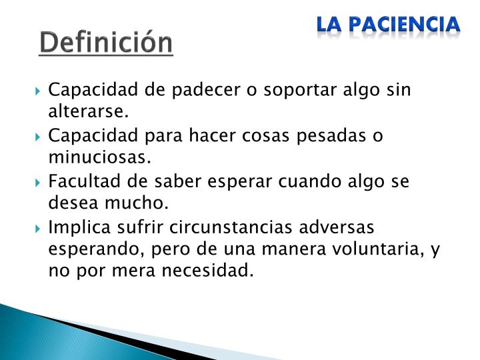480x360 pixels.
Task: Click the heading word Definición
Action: [x=106, y=44]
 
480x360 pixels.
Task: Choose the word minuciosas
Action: [x=99, y=157]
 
